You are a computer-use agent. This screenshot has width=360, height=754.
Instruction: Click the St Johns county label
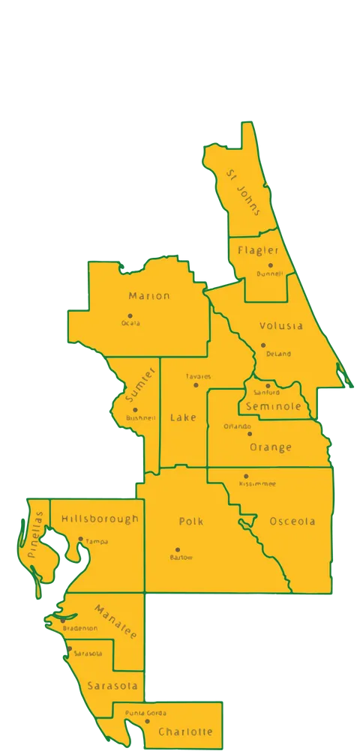[x=244, y=192]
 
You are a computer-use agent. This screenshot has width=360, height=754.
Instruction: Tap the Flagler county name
[x=259, y=250]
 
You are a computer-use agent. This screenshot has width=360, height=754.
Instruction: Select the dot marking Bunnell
[x=271, y=265]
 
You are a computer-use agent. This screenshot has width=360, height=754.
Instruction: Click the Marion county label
[x=149, y=296]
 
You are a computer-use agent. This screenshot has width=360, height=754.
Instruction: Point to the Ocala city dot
[x=130, y=316]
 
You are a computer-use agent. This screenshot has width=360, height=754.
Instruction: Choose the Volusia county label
[x=281, y=326]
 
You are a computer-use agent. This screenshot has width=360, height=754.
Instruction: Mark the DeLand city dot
[x=263, y=346]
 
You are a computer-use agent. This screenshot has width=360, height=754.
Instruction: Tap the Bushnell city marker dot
[x=135, y=410]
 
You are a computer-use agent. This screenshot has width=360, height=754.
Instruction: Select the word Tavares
[x=198, y=376]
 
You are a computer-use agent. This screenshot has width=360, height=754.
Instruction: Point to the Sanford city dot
[x=268, y=386]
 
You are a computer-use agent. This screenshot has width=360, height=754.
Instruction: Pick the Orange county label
[x=270, y=447]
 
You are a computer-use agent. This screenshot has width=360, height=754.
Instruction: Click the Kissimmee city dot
[x=246, y=476]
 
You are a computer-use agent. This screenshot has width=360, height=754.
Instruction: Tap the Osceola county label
[x=292, y=521]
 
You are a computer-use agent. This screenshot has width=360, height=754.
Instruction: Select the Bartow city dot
[x=178, y=549]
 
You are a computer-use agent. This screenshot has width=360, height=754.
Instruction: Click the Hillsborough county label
[x=100, y=519]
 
